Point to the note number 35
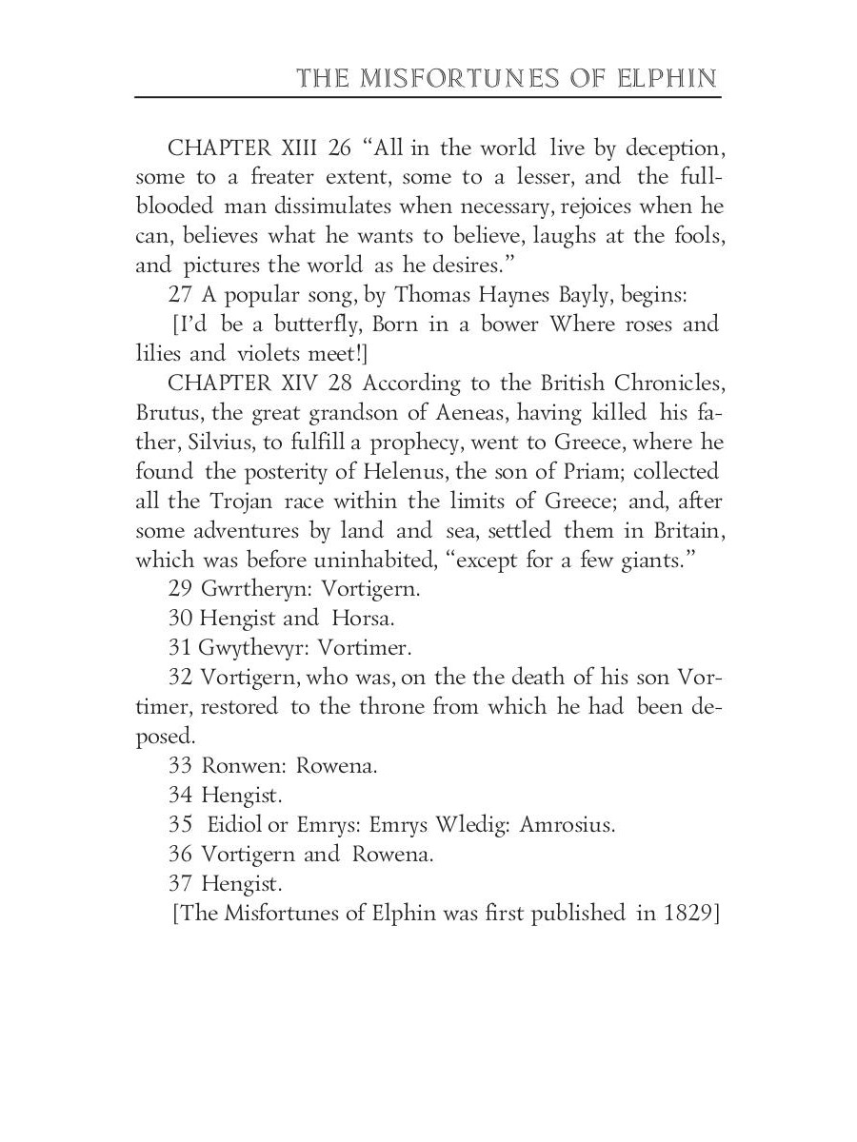pos(181,825)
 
